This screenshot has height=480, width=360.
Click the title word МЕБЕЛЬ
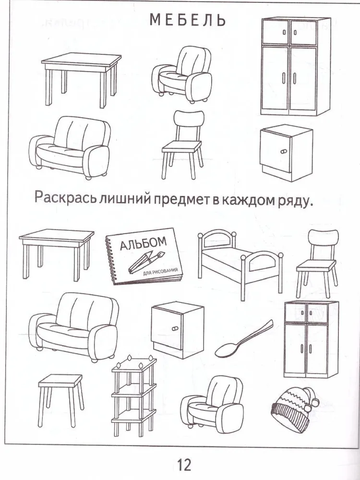click(x=188, y=20)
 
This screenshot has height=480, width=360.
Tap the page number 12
click(x=184, y=464)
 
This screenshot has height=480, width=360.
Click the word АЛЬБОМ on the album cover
click(x=143, y=243)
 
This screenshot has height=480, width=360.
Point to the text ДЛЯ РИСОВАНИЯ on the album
click(x=160, y=272)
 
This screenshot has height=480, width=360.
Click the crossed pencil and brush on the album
click(x=146, y=262)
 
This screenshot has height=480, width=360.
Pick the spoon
click(x=244, y=339)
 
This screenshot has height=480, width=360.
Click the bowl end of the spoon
click(x=227, y=351)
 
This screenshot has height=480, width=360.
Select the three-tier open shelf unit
click(x=134, y=396)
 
